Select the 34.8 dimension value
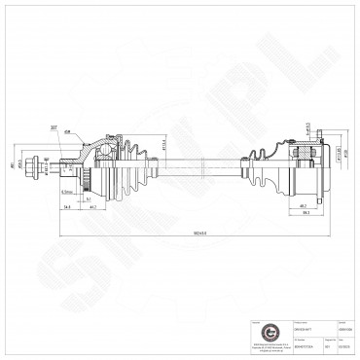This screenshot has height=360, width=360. coord(63,207)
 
